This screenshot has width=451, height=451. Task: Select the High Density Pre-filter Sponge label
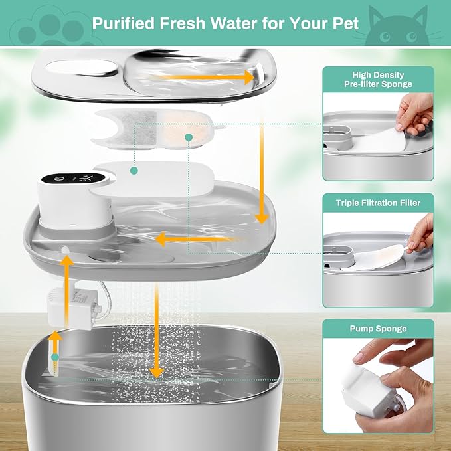379,80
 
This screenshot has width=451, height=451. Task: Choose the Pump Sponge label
379,329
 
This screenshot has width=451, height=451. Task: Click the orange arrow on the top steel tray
199,78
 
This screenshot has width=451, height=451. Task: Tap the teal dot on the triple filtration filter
189,137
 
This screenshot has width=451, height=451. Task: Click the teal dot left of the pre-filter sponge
134,171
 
